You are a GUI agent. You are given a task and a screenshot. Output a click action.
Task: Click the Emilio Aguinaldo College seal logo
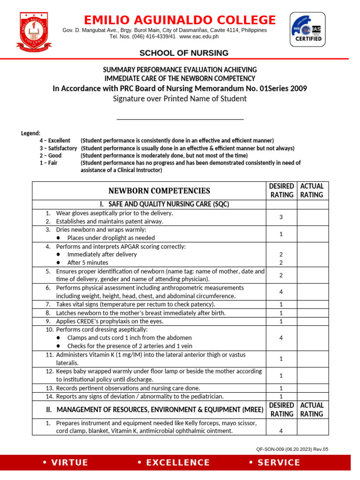(x=36, y=31)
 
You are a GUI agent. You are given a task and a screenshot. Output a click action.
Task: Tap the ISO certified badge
(x=308, y=29)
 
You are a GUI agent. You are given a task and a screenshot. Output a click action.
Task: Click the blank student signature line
(x=180, y=119)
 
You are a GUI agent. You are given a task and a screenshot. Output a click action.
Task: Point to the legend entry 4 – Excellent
(x=55, y=141)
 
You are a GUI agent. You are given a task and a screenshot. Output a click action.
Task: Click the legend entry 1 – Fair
(x=48, y=163)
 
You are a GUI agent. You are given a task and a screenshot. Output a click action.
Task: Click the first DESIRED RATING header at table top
(x=281, y=190)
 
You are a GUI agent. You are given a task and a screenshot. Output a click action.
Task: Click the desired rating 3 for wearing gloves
(x=281, y=217)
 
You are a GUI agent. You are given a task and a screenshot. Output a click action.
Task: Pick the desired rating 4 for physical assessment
(x=281, y=292)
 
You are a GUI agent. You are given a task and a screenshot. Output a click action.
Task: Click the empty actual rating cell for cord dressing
(x=312, y=337)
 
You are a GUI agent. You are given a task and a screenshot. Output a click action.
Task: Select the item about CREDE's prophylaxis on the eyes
(x=110, y=321)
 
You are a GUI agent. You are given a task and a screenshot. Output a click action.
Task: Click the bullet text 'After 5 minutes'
(x=88, y=262)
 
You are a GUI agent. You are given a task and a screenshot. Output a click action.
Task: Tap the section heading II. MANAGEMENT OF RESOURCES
(x=155, y=410)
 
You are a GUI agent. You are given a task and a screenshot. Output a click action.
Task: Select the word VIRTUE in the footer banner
(x=65, y=463)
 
